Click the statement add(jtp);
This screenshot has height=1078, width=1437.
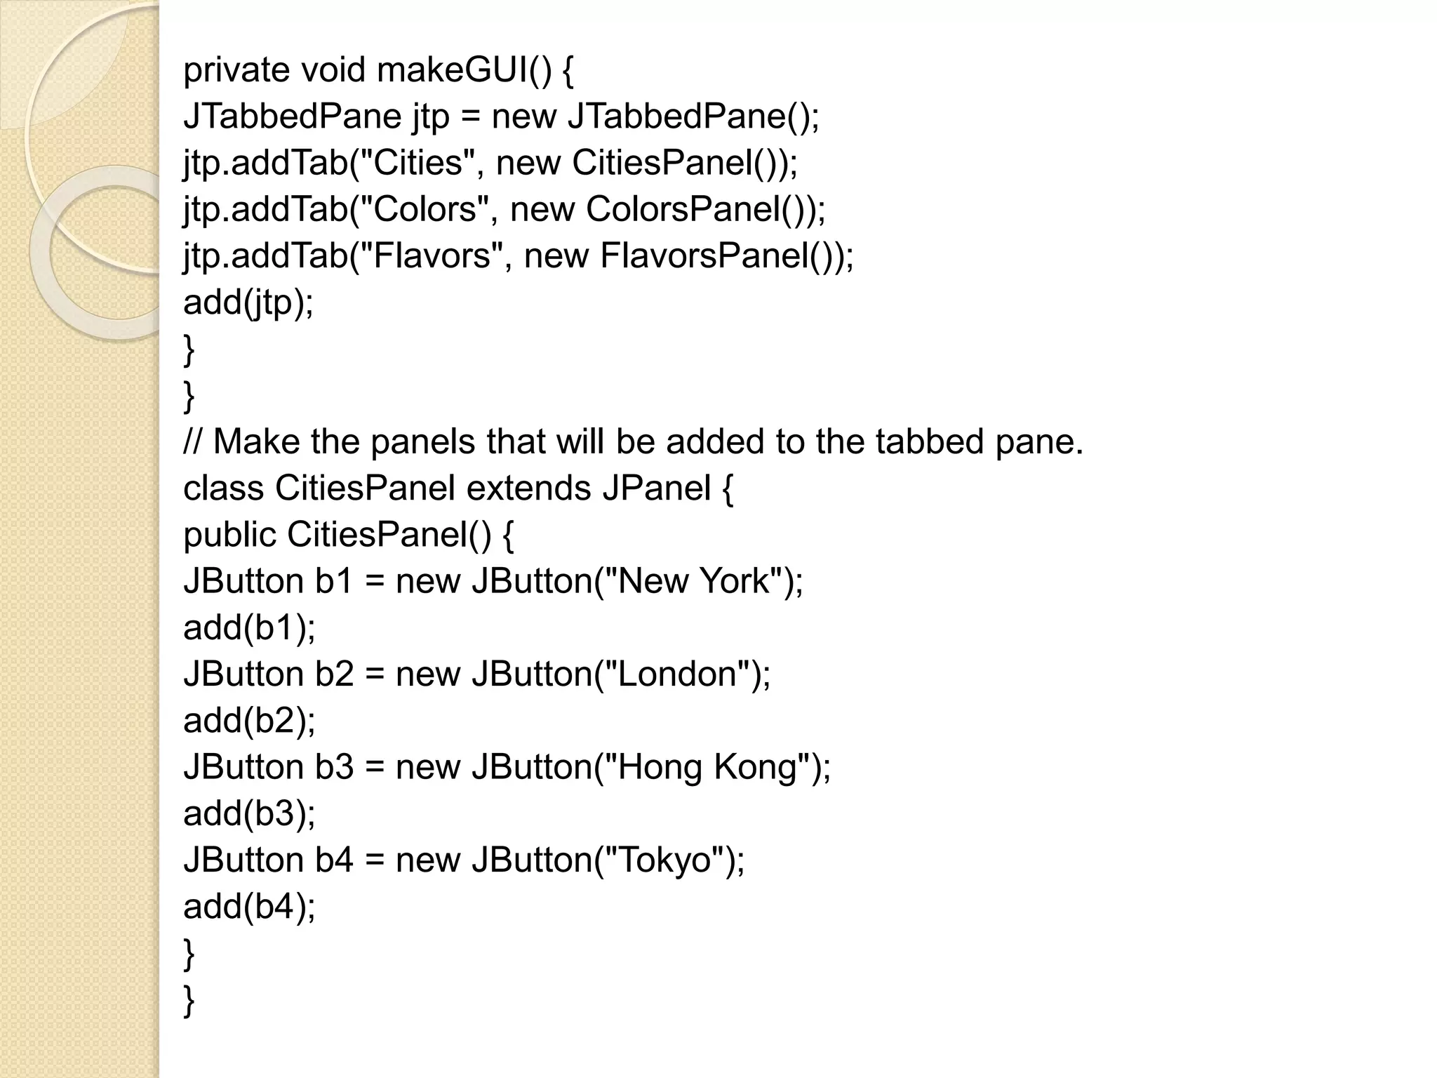point(248,302)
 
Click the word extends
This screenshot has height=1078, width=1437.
point(529,488)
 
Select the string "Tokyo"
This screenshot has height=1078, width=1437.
point(664,860)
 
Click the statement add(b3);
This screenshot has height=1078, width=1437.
point(249,814)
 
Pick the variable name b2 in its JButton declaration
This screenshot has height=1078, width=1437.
point(334,674)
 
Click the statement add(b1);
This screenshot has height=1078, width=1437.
point(249,627)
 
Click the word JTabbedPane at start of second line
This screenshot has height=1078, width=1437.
point(292,117)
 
